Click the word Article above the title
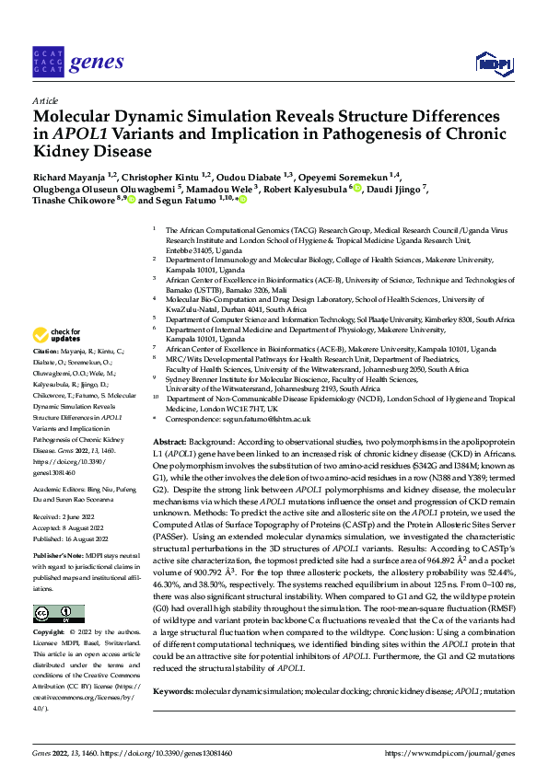pyautogui.click(x=44, y=101)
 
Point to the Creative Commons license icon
pyautogui.click(x=57, y=588)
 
